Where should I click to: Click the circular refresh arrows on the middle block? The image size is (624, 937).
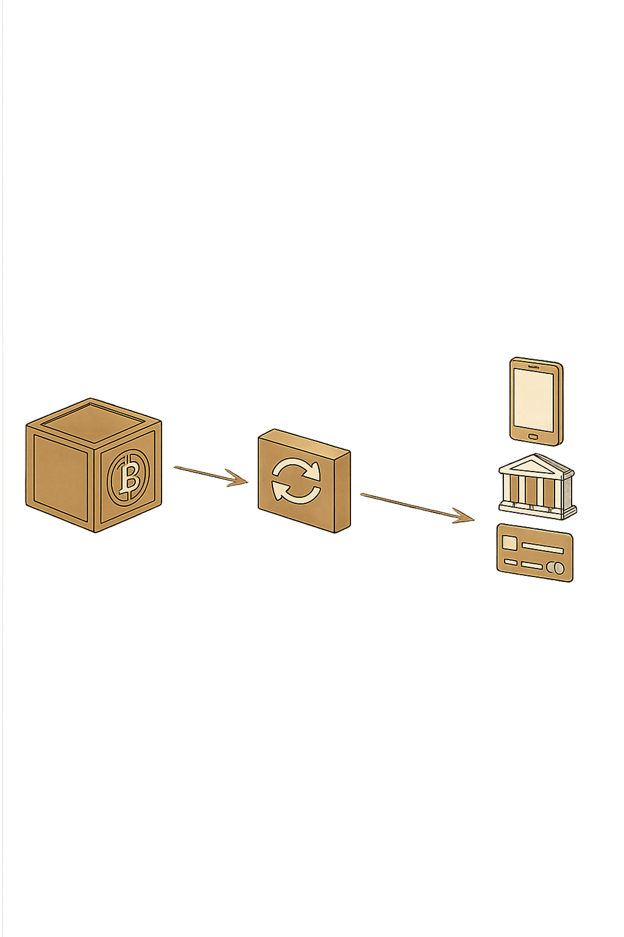pyautogui.click(x=296, y=480)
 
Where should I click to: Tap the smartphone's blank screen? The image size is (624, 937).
pyautogui.click(x=534, y=400)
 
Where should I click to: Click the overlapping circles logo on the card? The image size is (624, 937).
pyautogui.click(x=556, y=568)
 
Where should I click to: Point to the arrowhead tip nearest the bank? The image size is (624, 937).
pyautogui.click(x=473, y=520)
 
